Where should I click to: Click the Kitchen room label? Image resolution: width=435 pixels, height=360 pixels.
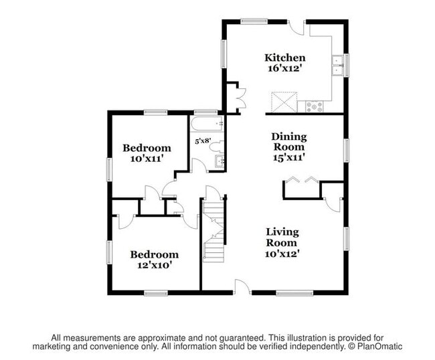(x=284, y=58)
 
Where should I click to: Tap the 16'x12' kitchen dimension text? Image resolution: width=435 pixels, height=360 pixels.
(x=284, y=69)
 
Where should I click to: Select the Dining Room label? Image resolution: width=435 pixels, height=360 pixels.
(x=288, y=141)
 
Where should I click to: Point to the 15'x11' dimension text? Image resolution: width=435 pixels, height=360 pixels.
(x=288, y=157)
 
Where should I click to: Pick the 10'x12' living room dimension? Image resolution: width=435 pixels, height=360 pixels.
(x=282, y=253)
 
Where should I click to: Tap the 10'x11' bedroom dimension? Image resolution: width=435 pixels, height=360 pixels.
(x=147, y=159)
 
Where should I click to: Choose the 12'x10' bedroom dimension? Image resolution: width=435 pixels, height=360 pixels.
(x=154, y=265)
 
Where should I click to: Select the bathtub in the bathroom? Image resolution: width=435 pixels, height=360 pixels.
(x=207, y=124)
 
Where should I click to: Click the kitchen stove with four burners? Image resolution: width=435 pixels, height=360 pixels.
(x=314, y=106)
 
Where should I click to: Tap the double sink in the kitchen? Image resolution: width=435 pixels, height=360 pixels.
(x=339, y=65)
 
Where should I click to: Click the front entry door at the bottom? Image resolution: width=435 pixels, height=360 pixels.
(x=242, y=287)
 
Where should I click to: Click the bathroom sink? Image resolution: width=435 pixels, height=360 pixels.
(x=218, y=161)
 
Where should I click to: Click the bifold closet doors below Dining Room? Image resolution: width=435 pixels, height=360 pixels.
(x=302, y=180)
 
